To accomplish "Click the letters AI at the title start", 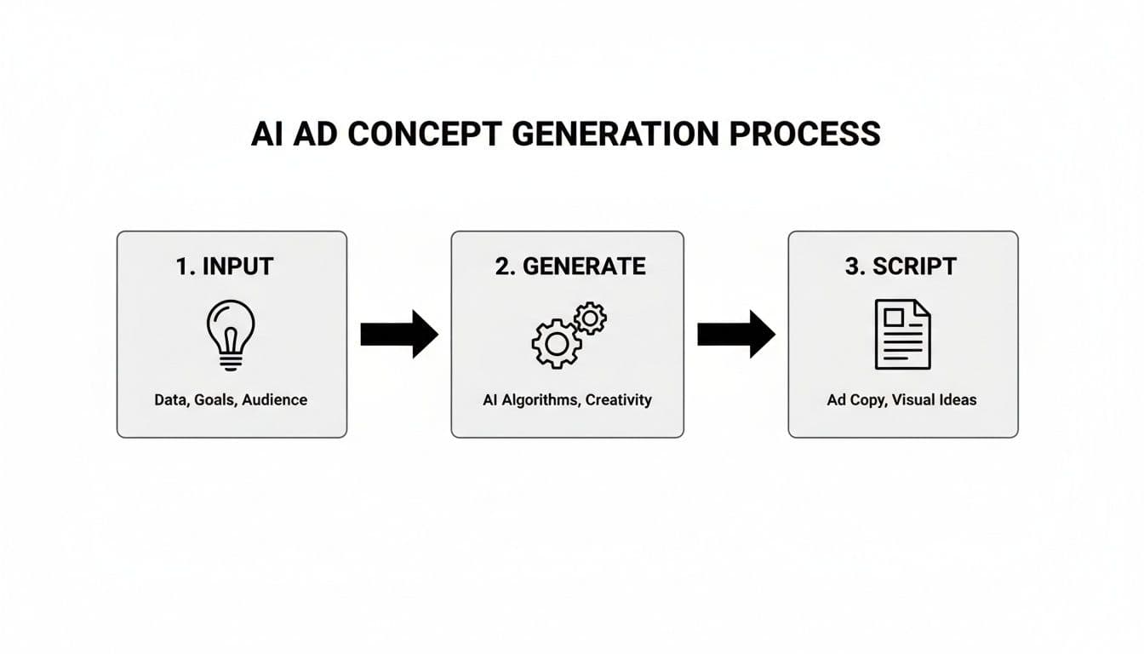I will (267, 135).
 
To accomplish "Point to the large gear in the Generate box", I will (555, 343).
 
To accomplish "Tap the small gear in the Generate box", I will (590, 318).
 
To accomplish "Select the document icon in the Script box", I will (902, 334).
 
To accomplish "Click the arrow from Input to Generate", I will (398, 334).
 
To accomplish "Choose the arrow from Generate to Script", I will (735, 334).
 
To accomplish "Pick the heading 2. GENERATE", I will (569, 266).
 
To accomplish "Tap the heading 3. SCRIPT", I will (901, 266).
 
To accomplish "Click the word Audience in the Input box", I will (275, 399).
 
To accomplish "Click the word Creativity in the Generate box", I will (620, 399).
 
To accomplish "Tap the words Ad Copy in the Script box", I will (855, 399).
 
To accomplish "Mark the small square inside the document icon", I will (893, 318).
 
